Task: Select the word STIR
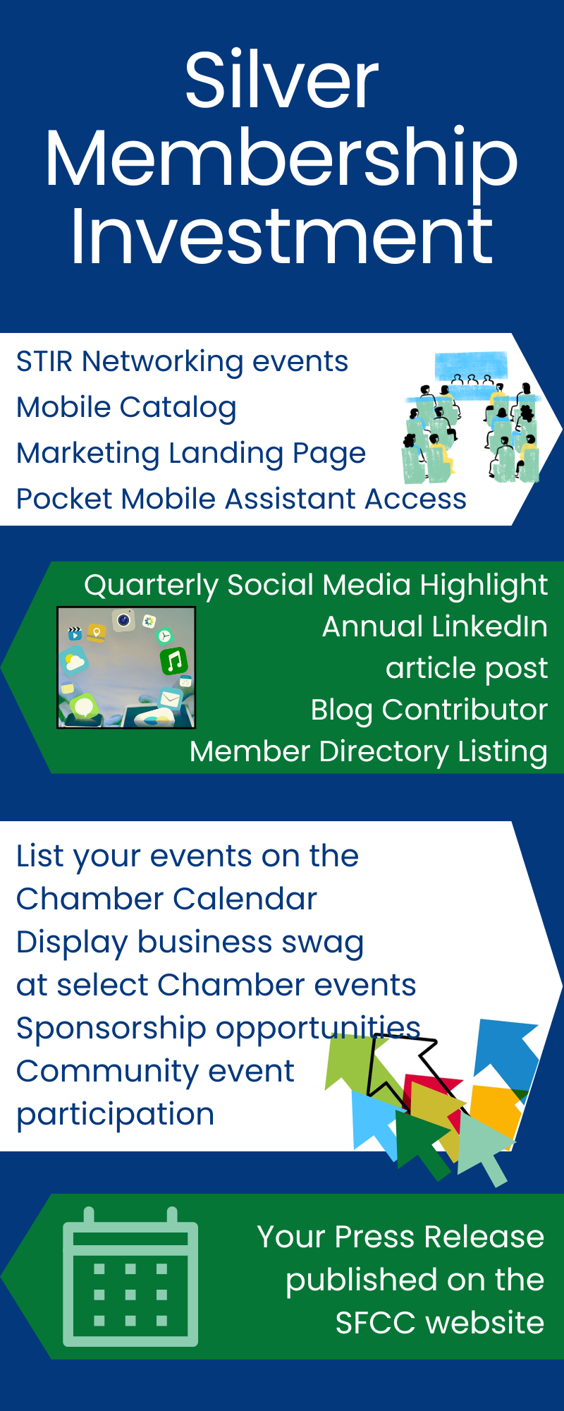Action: tap(44, 361)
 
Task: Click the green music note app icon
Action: tap(174, 661)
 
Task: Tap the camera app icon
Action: tap(124, 620)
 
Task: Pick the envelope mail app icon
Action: tap(170, 698)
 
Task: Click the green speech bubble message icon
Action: tap(84, 706)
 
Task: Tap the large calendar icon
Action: tap(130, 1277)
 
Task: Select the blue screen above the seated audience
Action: tap(471, 365)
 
